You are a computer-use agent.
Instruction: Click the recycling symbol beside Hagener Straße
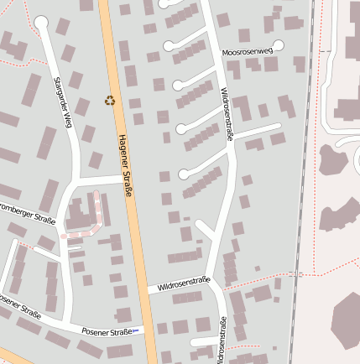[110, 101]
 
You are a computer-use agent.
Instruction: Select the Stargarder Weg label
[64, 103]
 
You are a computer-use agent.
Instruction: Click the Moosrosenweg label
[248, 52]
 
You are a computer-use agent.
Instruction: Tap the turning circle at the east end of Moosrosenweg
[279, 45]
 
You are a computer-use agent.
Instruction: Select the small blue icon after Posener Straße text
[137, 331]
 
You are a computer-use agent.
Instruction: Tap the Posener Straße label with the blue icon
[107, 332]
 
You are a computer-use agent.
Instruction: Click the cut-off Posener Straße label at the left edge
[18, 305]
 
